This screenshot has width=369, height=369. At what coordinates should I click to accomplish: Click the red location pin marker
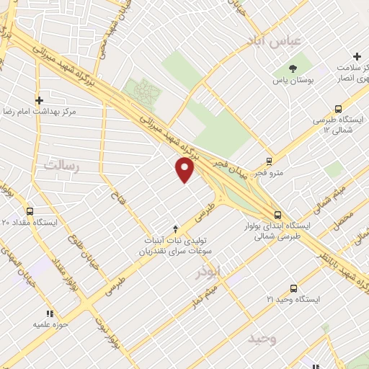pyautogui.click(x=185, y=170)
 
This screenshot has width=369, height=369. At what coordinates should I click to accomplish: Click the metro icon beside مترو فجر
pyautogui.click(x=269, y=161)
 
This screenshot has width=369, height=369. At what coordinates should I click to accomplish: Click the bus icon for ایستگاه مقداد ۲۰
pyautogui.click(x=30, y=211)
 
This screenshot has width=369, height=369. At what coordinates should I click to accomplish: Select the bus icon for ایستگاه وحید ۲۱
pyautogui.click(x=293, y=287)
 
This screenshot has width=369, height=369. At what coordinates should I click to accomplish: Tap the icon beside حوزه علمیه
pyautogui.click(x=50, y=314)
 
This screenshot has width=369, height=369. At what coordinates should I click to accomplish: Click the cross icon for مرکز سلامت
pyautogui.click(x=357, y=56)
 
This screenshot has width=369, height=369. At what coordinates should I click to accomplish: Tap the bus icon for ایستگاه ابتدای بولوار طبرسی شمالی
pyautogui.click(x=277, y=214)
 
